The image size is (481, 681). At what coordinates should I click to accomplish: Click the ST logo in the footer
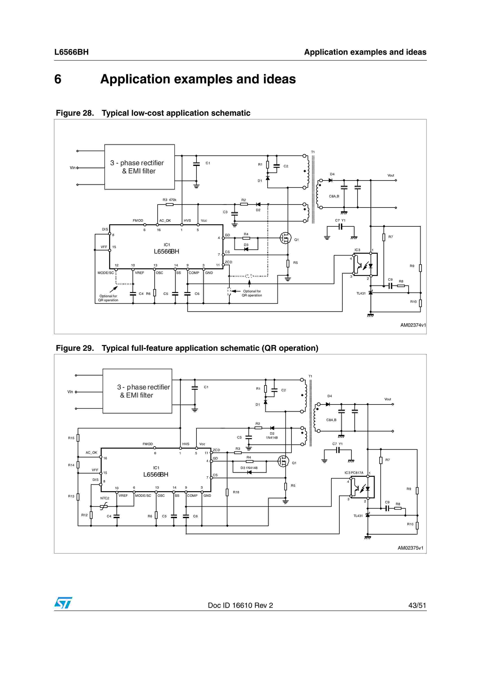click(x=63, y=603)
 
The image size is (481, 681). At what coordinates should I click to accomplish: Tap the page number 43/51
click(x=417, y=605)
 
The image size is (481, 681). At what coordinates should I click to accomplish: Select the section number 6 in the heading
click(x=58, y=79)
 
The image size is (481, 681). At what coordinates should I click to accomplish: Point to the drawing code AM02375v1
click(x=410, y=548)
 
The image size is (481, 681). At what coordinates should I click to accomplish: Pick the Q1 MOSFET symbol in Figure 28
click(x=285, y=238)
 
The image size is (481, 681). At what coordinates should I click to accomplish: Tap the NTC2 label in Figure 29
click(x=105, y=498)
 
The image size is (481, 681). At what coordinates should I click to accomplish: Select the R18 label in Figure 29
click(x=236, y=492)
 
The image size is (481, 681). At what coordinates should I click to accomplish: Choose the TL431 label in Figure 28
click(x=361, y=294)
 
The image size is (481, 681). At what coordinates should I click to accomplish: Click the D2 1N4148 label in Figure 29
click(x=272, y=436)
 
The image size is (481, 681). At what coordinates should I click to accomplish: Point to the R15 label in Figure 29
click(x=71, y=438)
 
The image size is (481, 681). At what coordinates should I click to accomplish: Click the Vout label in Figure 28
click(x=391, y=175)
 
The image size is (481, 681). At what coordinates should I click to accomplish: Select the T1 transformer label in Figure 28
click(x=313, y=152)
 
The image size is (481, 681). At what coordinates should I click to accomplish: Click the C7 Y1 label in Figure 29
click(x=337, y=444)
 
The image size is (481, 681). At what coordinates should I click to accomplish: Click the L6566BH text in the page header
click(x=71, y=52)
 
